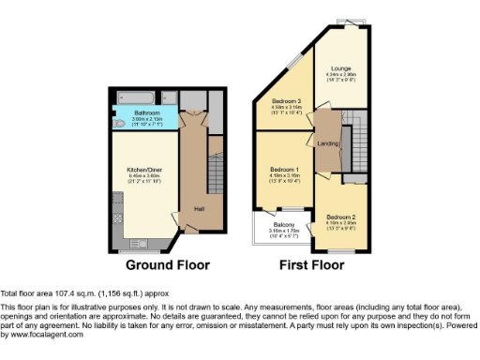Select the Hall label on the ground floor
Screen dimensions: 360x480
click(200, 208)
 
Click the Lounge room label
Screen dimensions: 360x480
click(340, 67)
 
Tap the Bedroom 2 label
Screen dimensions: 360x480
click(340, 215)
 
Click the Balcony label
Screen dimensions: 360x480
click(284, 225)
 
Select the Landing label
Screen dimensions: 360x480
click(328, 143)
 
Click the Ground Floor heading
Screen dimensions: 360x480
click(167, 265)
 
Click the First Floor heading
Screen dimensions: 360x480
click(311, 265)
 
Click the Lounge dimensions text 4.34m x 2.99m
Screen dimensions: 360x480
click(340, 74)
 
